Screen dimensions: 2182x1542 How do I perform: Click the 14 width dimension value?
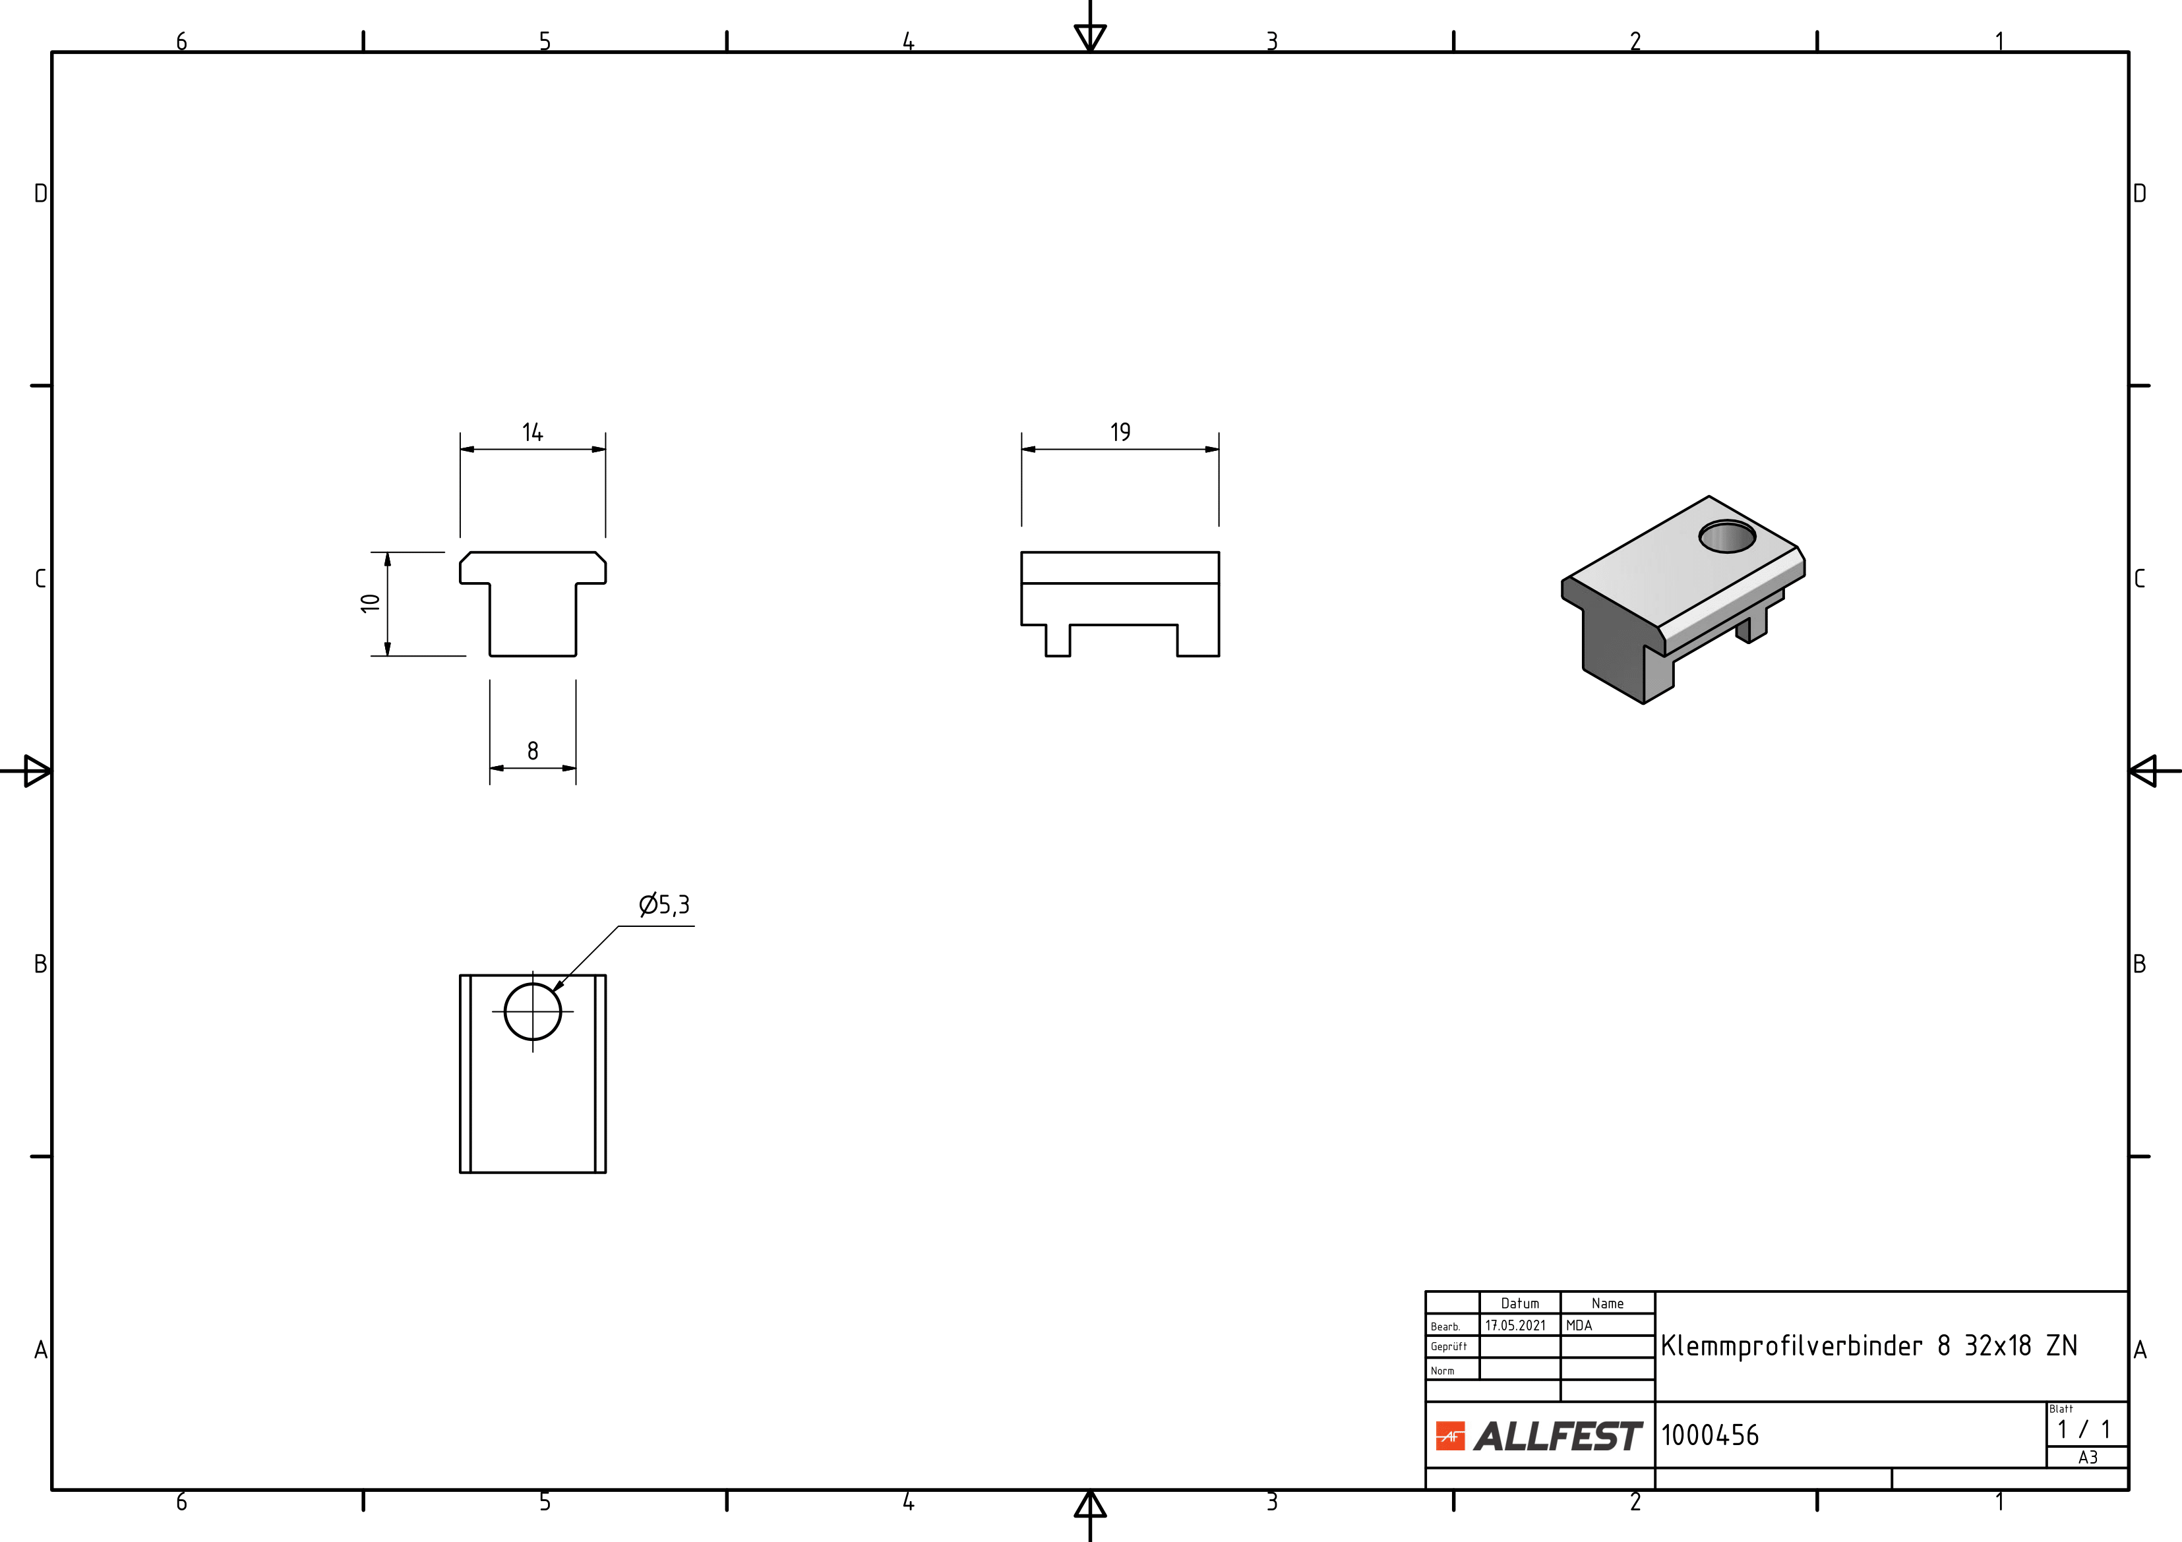(532, 432)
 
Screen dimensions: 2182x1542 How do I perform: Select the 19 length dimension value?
(1120, 432)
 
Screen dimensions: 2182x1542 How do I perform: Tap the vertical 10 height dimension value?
(371, 603)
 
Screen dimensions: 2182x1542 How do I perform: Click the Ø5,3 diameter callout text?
(664, 904)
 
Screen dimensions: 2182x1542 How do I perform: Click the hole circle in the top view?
(533, 984)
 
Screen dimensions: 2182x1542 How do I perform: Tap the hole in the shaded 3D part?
(1727, 537)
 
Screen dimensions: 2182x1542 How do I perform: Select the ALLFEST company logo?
(1538, 1436)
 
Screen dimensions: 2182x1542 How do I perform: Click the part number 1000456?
(1710, 1435)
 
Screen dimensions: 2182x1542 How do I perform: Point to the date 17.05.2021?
(1516, 1325)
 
